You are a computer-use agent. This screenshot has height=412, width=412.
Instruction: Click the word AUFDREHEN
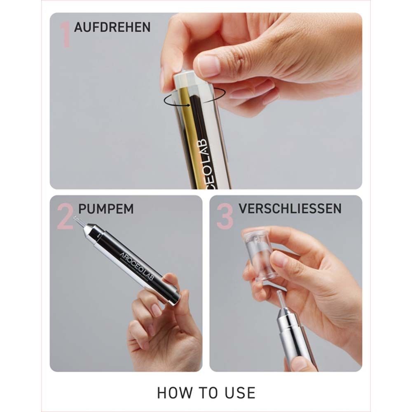click(x=112, y=27)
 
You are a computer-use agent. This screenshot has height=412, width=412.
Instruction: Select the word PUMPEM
click(x=106, y=209)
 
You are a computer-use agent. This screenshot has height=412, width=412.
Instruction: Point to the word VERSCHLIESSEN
click(x=290, y=208)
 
